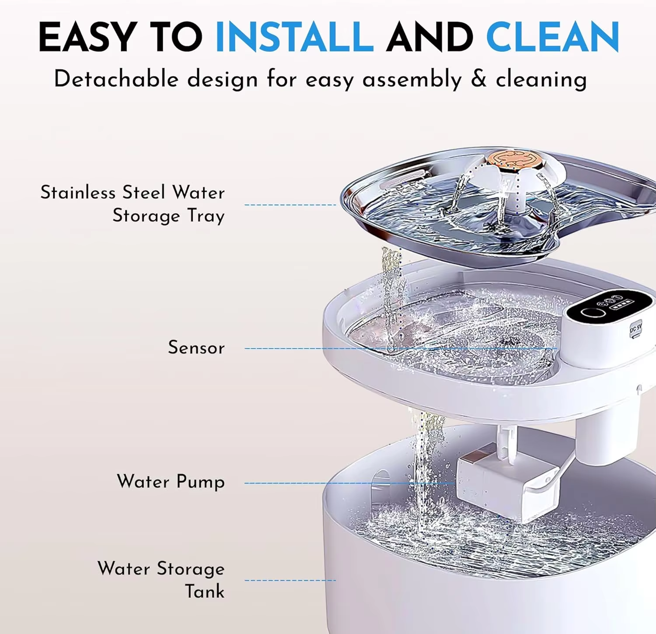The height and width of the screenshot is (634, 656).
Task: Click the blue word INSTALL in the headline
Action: coord(294,37)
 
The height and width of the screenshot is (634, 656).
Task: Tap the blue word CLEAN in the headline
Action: coord(552,37)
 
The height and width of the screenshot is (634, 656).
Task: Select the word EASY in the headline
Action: coord(87,37)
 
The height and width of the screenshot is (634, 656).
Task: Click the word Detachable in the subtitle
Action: coord(116,79)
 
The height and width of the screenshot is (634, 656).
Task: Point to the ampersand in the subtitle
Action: coord(478,79)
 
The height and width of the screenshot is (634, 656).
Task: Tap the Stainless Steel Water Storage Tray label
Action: coord(133,204)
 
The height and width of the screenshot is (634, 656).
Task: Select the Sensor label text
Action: coord(196,348)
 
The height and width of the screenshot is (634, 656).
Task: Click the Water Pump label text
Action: coord(171,482)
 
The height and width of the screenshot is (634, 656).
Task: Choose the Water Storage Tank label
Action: coord(161,580)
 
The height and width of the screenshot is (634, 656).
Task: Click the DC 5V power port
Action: coord(635,328)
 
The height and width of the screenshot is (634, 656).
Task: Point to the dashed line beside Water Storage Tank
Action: coord(290,580)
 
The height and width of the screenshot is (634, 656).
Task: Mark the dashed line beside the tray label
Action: coord(290,204)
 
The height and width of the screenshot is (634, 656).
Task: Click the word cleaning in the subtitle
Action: coord(541,80)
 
